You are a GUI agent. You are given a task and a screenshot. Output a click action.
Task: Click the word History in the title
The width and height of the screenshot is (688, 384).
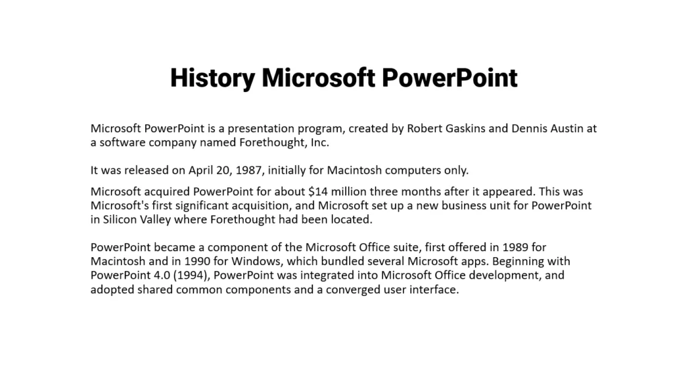(212, 79)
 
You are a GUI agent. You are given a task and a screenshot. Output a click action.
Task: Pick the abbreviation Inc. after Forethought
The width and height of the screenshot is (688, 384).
(320, 142)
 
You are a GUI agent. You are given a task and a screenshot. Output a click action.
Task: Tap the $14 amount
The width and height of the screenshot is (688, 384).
(318, 192)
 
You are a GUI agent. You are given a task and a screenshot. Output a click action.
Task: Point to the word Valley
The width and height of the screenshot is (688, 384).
(155, 220)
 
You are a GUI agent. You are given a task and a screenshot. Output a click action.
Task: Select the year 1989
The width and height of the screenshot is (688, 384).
(515, 248)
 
